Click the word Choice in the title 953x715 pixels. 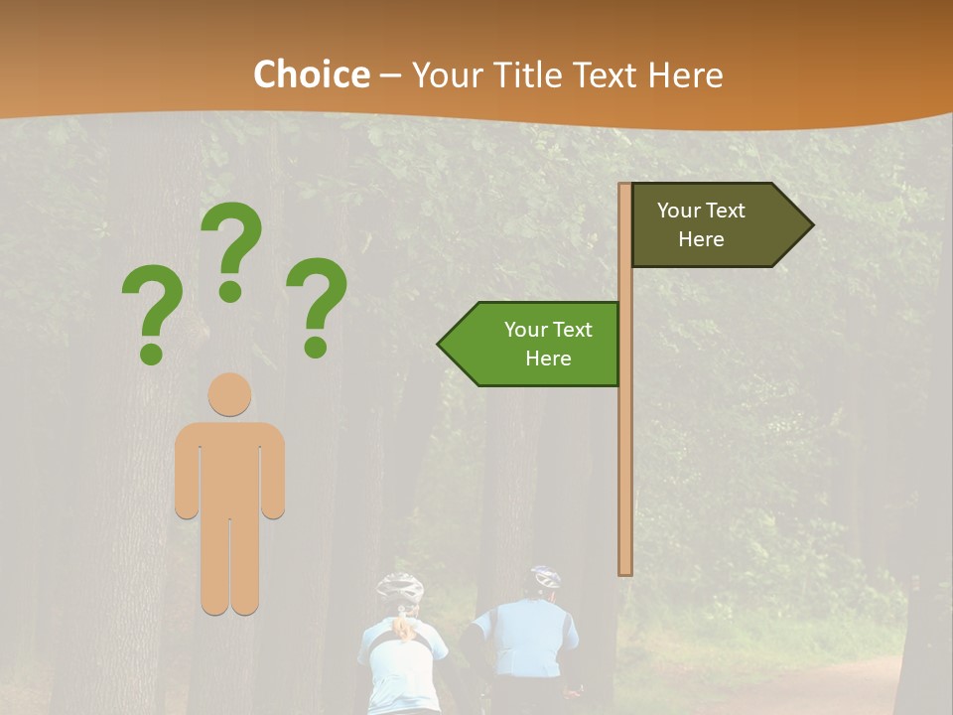pos(311,75)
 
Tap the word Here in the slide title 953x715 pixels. pos(685,75)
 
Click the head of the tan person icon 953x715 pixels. pos(229,394)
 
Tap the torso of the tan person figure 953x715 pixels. pos(229,467)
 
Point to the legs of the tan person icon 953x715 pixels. pos(229,566)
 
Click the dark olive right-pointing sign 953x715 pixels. pos(715,225)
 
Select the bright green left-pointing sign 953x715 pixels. pos(536,344)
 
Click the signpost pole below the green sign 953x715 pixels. pos(625,477)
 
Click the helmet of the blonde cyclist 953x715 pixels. pos(400,587)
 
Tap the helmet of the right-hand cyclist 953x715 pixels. pos(546,577)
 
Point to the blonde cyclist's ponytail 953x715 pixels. pos(404,627)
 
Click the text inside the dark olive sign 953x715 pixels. pos(701,225)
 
